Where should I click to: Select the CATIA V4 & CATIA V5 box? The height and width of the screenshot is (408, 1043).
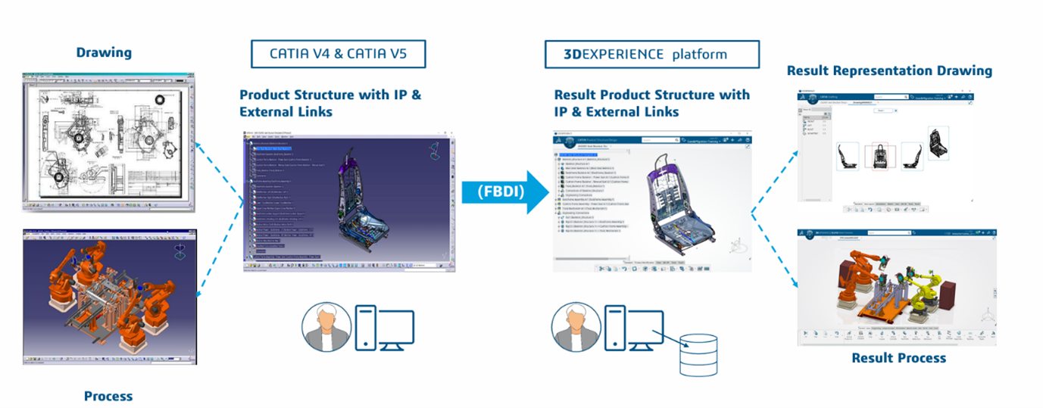[x=338, y=55]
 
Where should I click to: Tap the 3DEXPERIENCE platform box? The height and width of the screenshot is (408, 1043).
[x=651, y=55]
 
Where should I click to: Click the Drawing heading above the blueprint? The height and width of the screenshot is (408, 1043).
[x=104, y=52]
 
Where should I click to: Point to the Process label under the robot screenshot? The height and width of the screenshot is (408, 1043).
[x=108, y=396]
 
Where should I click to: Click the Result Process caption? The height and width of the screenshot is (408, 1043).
[x=898, y=358]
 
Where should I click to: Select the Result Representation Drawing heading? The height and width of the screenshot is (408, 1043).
[x=889, y=70]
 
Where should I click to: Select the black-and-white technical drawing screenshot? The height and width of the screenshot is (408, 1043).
[x=108, y=142]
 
